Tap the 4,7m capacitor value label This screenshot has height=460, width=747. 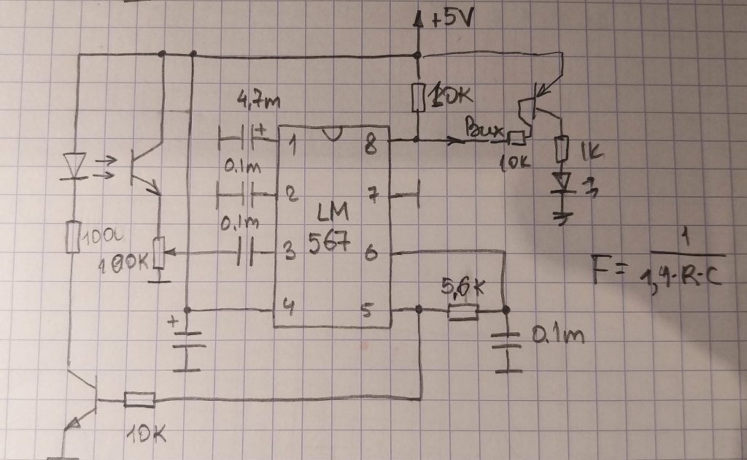click(259, 101)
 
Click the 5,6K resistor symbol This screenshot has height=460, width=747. click(462, 313)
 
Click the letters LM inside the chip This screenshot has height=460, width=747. click(333, 213)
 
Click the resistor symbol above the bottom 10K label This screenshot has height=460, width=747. click(139, 399)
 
